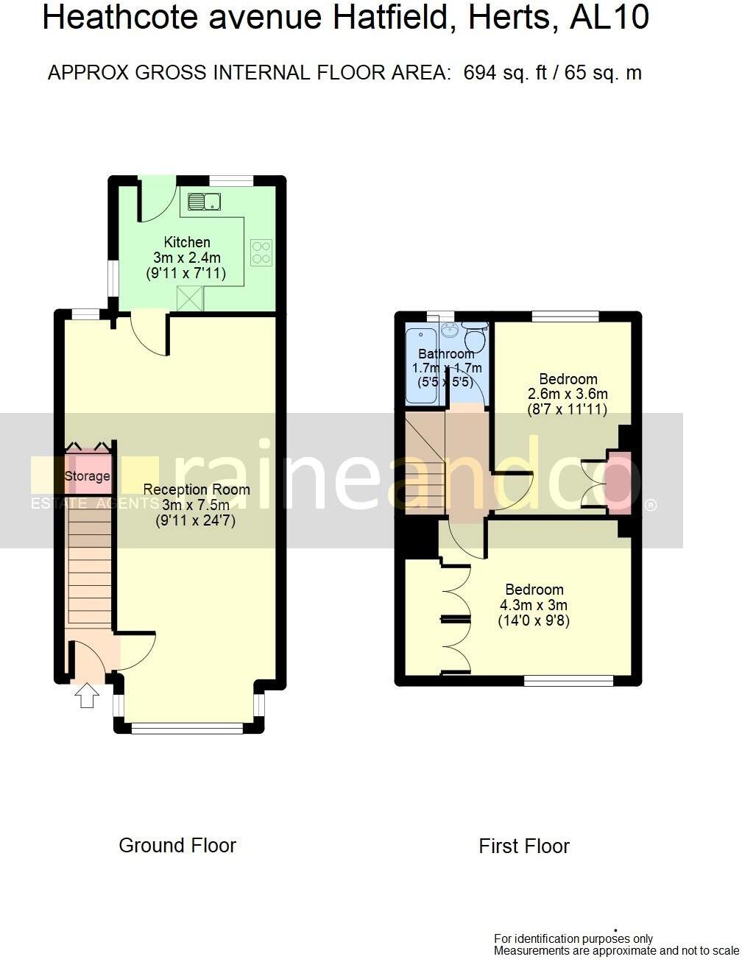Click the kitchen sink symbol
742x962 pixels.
(205, 202)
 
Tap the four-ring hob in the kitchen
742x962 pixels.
(262, 252)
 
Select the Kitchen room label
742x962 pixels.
(187, 242)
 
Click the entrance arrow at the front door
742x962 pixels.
(87, 695)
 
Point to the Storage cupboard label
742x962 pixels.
(87, 476)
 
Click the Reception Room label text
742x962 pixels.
(197, 489)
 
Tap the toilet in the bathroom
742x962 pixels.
(475, 339)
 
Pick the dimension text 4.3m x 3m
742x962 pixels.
(534, 605)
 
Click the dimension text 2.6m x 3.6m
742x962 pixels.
(568, 394)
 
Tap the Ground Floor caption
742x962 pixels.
(177, 846)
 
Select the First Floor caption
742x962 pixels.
(524, 846)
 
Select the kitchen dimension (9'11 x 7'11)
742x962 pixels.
(186, 273)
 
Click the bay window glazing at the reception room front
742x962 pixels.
(188, 729)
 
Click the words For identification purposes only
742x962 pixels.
(573, 938)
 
